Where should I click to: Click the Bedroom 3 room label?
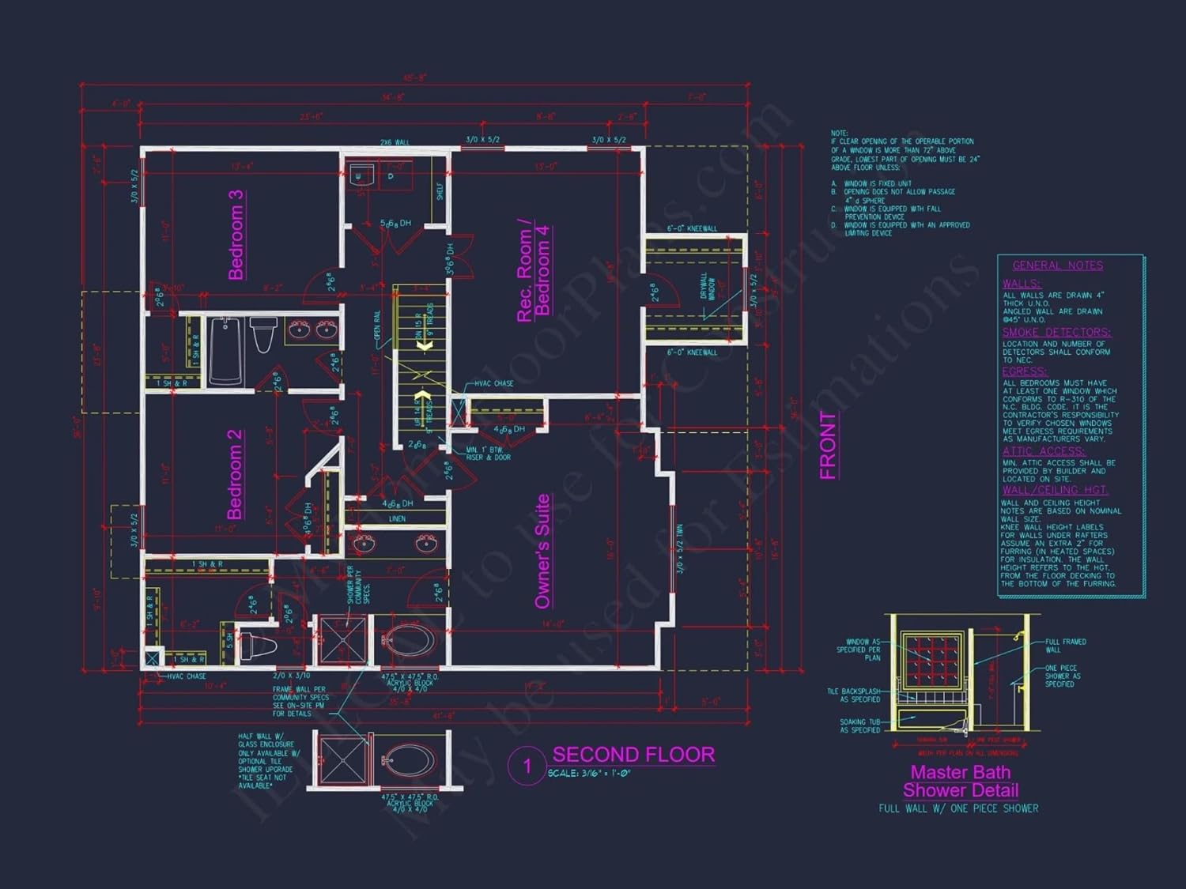pos(236,235)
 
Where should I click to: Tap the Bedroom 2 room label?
pos(235,474)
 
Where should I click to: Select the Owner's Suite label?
pos(542,552)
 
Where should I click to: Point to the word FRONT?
pos(828,446)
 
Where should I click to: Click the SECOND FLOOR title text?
pos(633,755)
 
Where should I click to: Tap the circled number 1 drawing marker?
pos(527,766)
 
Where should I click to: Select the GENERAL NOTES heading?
pos(1057,266)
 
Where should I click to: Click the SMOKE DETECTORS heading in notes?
pos(1056,332)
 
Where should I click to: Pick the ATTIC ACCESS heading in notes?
pos(1043,451)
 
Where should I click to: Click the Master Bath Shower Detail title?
pos(961,782)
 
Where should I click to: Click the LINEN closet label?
pos(397,519)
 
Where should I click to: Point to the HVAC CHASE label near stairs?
pos(493,383)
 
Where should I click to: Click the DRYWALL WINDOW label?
pos(708,286)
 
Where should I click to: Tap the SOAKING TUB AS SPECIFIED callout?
pos(859,726)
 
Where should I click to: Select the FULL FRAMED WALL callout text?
pos(1065,646)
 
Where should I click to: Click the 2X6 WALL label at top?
pos(395,142)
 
